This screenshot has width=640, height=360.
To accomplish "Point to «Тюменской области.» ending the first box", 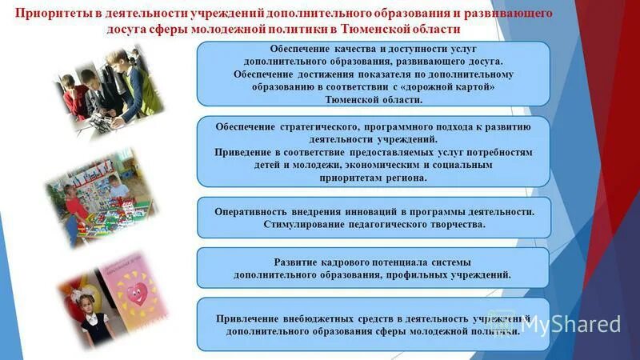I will (x=373, y=99).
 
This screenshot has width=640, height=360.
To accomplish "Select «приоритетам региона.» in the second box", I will (x=373, y=178).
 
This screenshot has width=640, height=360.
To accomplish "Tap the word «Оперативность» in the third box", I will (x=250, y=211).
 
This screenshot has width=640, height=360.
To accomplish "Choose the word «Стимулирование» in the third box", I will (x=304, y=225).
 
